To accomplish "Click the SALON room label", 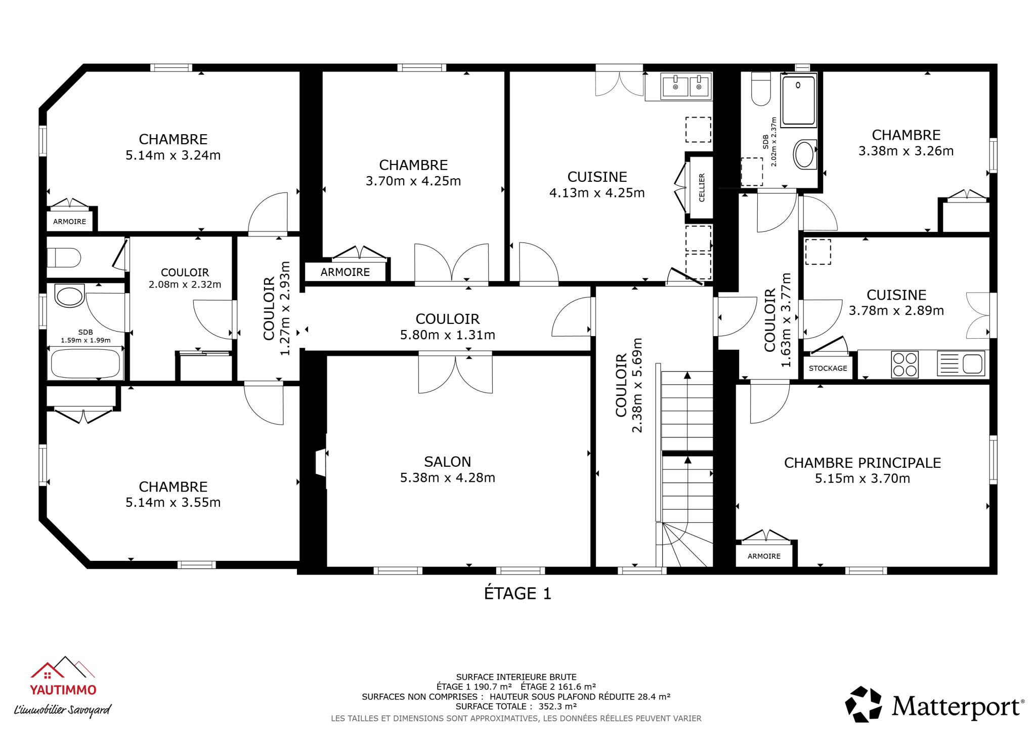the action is [x=447, y=461].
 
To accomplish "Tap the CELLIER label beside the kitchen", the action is [x=702, y=188].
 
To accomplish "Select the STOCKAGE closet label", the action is [x=828, y=368].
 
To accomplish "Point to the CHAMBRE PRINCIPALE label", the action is [x=862, y=463].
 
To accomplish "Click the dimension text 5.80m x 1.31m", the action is [x=447, y=335].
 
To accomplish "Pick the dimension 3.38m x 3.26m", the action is [x=905, y=151].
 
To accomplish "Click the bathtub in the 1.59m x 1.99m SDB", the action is [x=85, y=363].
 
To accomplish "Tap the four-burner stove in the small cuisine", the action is [x=904, y=364].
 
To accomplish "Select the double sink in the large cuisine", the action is [x=686, y=86].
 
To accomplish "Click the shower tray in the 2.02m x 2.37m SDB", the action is [x=798, y=100].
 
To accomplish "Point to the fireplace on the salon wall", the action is [x=321, y=462].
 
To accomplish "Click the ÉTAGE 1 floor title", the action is [x=517, y=593].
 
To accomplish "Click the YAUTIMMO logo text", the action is [x=63, y=690].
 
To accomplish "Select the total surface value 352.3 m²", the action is [x=556, y=707].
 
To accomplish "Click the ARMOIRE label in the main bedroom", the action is [x=764, y=556].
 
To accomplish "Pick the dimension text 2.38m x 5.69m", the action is [x=637, y=385].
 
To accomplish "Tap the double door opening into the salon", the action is [x=455, y=373].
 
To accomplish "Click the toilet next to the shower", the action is [x=761, y=89].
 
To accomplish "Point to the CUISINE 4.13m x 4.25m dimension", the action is [x=597, y=193].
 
